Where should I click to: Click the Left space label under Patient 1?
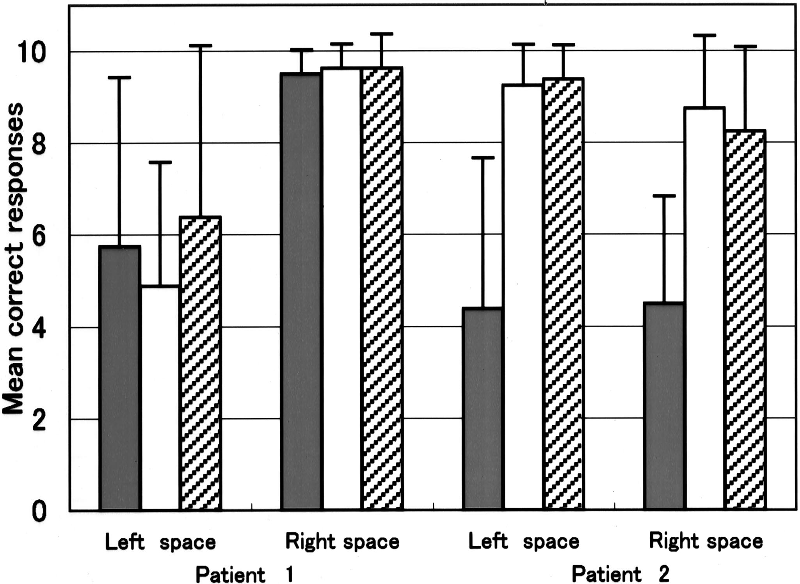(160, 542)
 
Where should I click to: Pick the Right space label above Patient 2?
(706, 541)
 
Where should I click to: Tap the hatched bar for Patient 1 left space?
(200, 363)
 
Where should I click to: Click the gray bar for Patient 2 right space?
(664, 406)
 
